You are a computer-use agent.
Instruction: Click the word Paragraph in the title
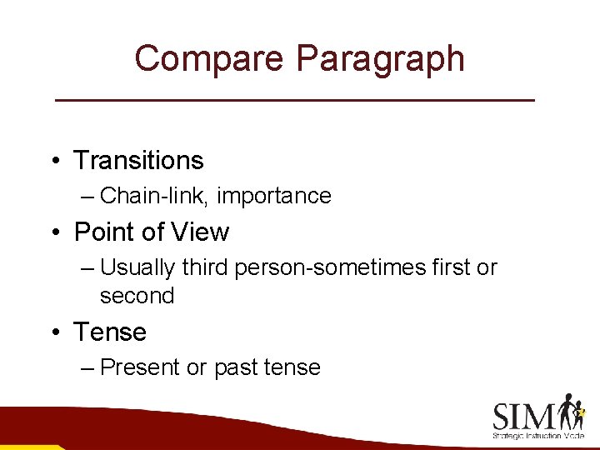[x=380, y=59]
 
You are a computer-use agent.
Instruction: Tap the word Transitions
[x=138, y=160]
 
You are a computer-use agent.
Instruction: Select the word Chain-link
[x=154, y=196]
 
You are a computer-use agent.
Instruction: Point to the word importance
[x=276, y=196]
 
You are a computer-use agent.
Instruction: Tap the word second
[x=137, y=296]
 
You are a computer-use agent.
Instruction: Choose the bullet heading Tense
[x=110, y=332]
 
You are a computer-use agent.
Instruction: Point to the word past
[x=238, y=367]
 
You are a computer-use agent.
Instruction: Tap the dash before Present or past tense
[x=89, y=367]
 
